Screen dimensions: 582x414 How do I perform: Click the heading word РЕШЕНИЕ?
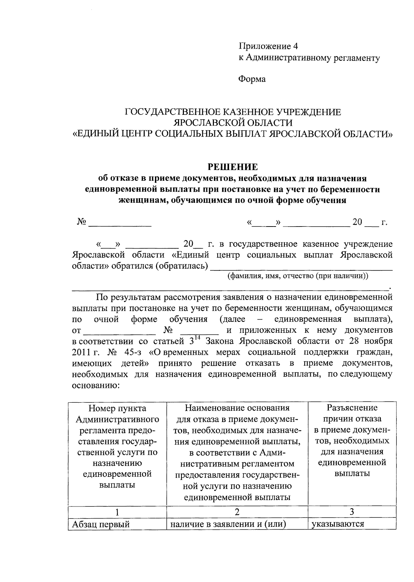[x=232, y=167]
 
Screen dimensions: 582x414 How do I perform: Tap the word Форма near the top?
[x=252, y=79]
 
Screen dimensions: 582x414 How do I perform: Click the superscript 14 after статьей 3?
[x=198, y=338]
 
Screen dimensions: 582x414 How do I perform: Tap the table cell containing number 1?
[x=117, y=512]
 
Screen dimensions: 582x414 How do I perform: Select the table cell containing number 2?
[x=237, y=512]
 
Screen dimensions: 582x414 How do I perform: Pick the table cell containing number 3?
[x=352, y=512]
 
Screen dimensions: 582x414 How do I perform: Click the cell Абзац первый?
[x=101, y=524]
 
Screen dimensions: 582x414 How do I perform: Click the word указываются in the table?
[x=338, y=524]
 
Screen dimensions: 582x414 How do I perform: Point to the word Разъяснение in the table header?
[x=352, y=408]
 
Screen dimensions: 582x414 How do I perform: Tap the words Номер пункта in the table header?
[x=117, y=408]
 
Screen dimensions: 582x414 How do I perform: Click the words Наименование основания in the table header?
[x=237, y=408]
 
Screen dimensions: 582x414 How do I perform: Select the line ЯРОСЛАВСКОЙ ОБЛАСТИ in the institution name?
[x=233, y=123]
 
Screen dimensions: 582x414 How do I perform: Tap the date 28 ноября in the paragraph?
[x=372, y=341]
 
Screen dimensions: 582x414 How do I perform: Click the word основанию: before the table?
[x=96, y=385]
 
